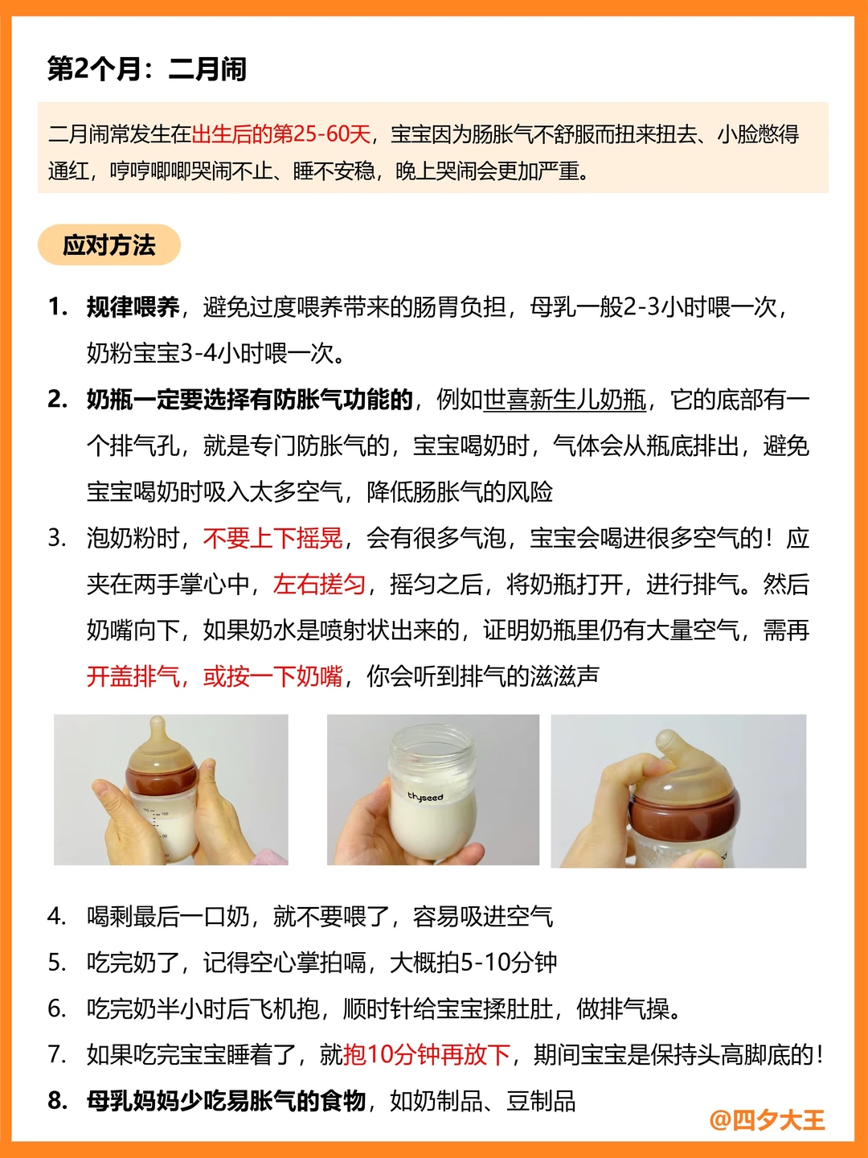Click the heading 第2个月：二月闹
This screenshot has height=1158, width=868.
pos(147,69)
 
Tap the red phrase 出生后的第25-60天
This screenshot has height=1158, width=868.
pos(281,134)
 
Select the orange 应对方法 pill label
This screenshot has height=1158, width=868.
pos(109,244)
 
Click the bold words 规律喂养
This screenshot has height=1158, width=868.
pos(133,307)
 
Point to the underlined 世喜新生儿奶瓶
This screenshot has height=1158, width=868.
pos(564,400)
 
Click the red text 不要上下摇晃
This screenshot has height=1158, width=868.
pos(273,539)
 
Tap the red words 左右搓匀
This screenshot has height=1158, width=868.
pos(319,585)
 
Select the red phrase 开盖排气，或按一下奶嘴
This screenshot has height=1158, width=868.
pos(215,676)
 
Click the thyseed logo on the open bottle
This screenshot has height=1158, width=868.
pos(425,797)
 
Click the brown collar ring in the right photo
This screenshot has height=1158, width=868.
pos(685,813)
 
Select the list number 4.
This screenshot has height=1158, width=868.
pos(56,917)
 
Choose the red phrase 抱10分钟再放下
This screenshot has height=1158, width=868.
pos(426,1055)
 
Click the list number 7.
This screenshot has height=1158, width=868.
pos(56,1055)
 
